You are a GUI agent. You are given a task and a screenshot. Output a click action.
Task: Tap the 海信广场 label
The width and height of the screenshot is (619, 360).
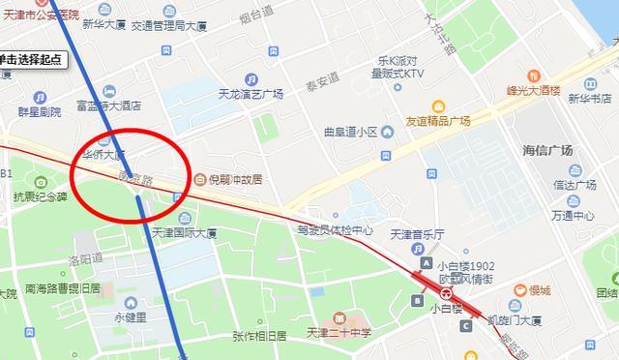(x=547, y=150)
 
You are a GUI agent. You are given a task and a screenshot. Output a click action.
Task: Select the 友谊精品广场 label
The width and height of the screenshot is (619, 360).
(x=437, y=121)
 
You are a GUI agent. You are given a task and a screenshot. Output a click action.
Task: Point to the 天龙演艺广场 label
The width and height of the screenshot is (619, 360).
(x=250, y=94)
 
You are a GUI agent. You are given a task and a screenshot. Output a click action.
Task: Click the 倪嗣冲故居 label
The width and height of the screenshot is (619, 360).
(x=236, y=179)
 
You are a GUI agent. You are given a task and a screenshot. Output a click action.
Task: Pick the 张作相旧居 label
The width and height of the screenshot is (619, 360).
(x=259, y=336)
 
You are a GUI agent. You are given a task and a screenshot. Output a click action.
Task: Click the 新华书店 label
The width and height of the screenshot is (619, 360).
(x=588, y=99)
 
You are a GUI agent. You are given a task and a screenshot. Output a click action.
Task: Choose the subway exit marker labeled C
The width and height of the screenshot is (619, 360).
(x=465, y=326)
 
